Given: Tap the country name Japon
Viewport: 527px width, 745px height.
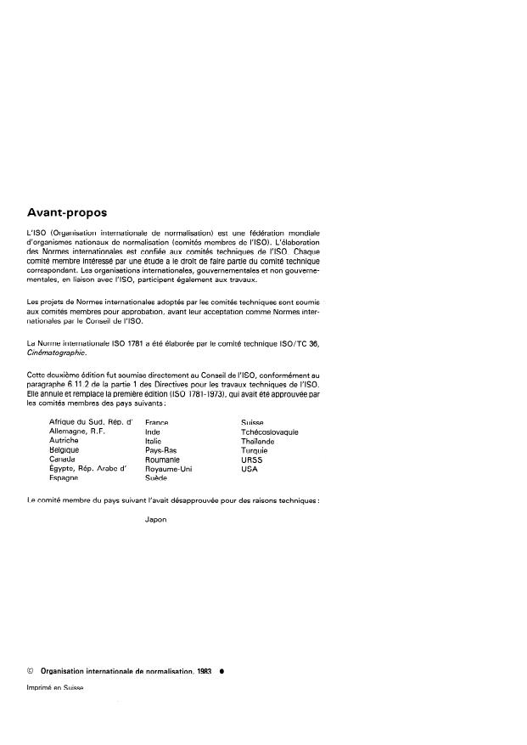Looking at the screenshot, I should coord(156,522).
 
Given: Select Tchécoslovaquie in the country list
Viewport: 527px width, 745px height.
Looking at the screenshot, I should coord(269,432).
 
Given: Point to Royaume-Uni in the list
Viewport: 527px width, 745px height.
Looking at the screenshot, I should coord(170,469).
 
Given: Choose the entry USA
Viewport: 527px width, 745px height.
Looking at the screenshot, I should coord(249,469).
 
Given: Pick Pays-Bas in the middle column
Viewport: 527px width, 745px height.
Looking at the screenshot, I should coord(161,450).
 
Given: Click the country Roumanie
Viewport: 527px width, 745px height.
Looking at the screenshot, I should coord(165,460).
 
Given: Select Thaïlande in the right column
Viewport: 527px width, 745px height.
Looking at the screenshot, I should coord(258,442).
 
